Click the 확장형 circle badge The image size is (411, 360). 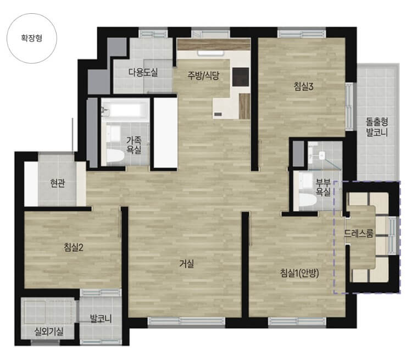32,38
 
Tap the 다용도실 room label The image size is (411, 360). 143,72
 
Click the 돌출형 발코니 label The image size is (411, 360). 377,126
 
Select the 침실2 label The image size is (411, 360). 74,247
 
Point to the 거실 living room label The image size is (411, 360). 187,263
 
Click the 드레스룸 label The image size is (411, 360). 359,233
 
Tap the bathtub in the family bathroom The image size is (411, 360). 125,110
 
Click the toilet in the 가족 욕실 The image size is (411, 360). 115,156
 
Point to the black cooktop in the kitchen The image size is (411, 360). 241,76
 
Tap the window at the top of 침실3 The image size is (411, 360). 295,34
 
